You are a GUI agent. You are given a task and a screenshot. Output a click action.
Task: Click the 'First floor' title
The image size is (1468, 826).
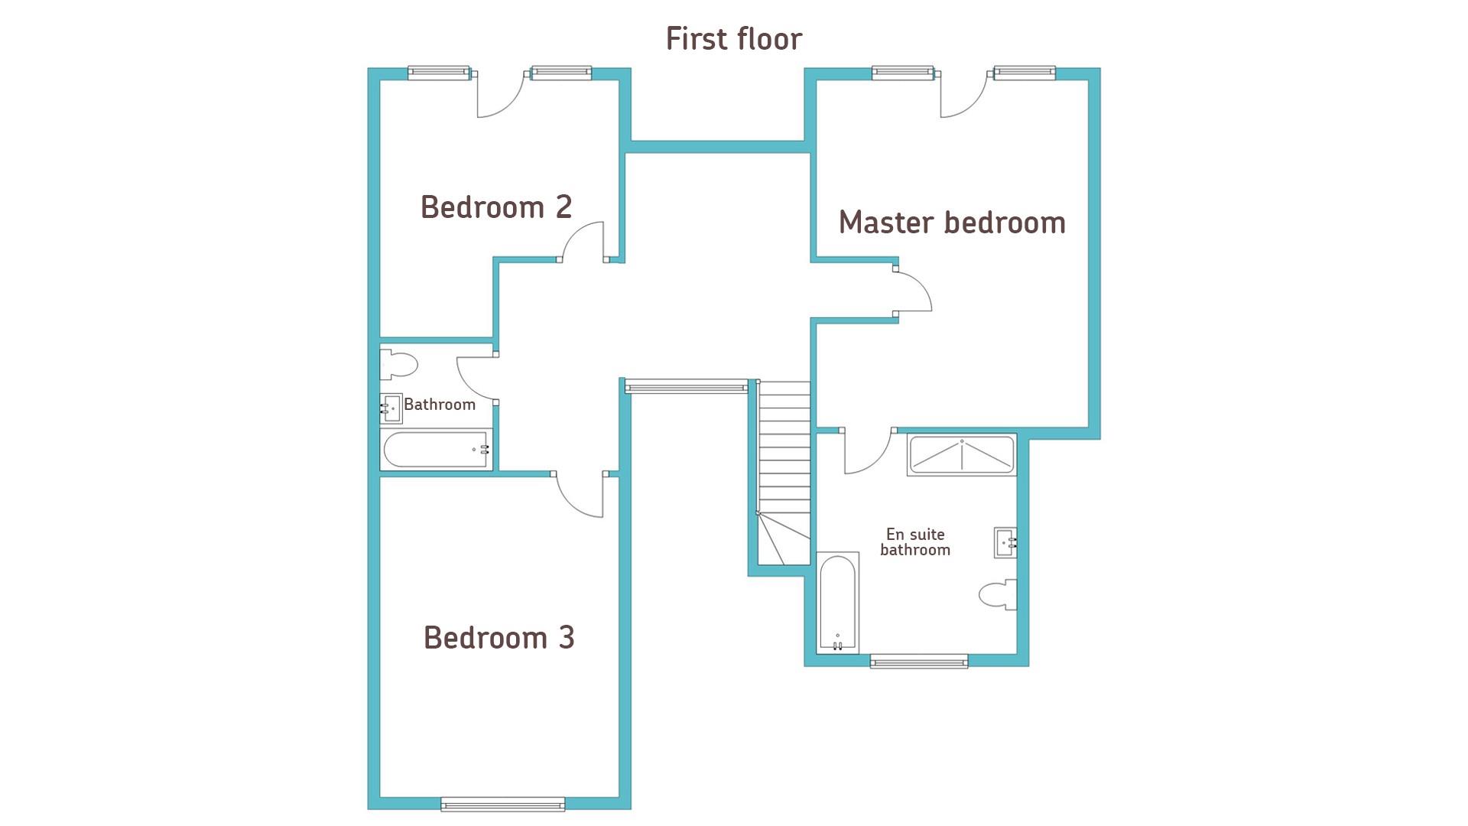[734, 39]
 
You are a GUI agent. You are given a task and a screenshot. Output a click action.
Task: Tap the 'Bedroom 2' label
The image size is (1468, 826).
[496, 206]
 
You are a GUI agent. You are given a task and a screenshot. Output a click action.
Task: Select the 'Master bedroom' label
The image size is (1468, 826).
[952, 223]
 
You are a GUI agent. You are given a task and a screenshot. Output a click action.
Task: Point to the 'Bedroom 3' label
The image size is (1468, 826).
[499, 638]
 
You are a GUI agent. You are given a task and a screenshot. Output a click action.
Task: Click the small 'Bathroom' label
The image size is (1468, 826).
[440, 405]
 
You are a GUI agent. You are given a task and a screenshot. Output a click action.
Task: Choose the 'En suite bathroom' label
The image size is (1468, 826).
[915, 542]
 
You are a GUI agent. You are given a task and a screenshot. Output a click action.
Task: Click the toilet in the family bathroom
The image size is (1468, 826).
[398, 364]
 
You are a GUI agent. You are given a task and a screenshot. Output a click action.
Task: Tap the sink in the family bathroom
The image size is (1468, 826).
[391, 408]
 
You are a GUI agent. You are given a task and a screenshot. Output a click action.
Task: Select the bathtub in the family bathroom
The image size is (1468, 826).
[436, 450]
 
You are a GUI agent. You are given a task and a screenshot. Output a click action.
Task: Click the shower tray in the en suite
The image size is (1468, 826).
[962, 455]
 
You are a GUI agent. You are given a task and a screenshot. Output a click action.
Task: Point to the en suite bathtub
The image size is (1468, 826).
[837, 603]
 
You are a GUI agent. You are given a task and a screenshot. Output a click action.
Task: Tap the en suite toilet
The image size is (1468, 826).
[998, 594]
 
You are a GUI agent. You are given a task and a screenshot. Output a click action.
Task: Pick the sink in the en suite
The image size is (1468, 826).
[1005, 542]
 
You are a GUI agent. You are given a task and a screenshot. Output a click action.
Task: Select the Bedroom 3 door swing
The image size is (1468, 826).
[580, 494]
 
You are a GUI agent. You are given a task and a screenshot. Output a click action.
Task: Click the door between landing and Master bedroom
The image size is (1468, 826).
[913, 290]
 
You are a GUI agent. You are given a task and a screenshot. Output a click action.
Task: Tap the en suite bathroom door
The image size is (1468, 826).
[869, 451]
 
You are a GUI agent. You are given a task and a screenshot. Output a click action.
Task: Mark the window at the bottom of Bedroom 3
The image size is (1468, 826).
[503, 804]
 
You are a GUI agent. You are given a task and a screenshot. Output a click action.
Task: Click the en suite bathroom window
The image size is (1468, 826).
[919, 662]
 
